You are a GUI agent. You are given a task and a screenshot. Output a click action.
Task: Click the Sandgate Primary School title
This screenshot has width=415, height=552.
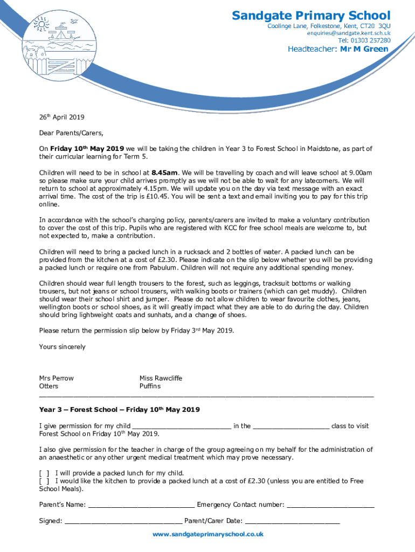(x=311, y=16)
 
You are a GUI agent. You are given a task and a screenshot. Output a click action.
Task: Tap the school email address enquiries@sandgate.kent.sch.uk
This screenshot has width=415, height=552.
(x=349, y=33)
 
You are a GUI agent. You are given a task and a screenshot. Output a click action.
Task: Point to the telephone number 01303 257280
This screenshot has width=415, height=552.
(x=364, y=40)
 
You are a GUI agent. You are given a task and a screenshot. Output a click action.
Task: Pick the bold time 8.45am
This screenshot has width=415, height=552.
(x=165, y=172)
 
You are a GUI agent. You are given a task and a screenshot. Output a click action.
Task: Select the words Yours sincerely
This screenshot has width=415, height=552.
(x=62, y=347)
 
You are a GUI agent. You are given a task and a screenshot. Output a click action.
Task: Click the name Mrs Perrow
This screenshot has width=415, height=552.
(x=56, y=378)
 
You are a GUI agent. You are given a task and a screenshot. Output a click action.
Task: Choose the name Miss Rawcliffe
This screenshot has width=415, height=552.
(x=161, y=378)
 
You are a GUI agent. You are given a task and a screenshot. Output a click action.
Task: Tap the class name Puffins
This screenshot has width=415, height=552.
(x=150, y=387)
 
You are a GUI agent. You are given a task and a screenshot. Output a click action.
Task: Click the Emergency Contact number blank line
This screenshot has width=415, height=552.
(x=330, y=505)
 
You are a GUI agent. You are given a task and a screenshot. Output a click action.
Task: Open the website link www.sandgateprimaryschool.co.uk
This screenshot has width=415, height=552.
(x=207, y=534)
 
